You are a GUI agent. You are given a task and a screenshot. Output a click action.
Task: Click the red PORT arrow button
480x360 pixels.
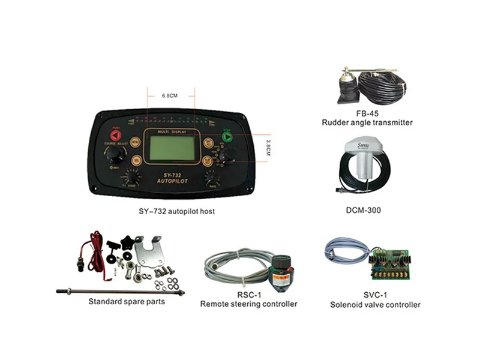point(115,136)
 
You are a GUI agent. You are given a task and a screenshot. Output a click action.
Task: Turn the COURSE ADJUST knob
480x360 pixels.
point(115,155)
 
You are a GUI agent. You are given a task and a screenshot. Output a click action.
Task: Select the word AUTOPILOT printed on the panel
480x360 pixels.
point(171,181)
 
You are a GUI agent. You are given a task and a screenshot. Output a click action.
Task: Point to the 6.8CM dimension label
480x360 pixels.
point(170,95)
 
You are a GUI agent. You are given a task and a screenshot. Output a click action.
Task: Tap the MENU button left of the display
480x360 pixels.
point(136,143)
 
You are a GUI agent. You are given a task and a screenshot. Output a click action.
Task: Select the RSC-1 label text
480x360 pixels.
point(248,295)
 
